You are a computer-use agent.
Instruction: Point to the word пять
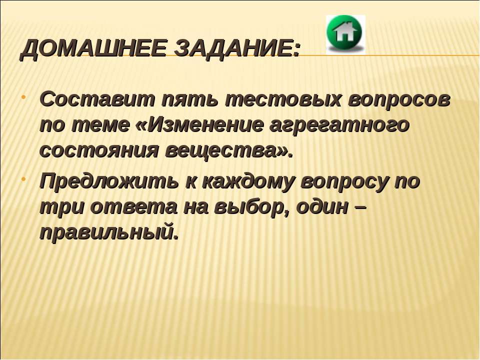coord(190,100)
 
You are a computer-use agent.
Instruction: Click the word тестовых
coord(283,100)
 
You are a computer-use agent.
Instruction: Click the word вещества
coord(221,151)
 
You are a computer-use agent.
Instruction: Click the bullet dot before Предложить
coord(23,178)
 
